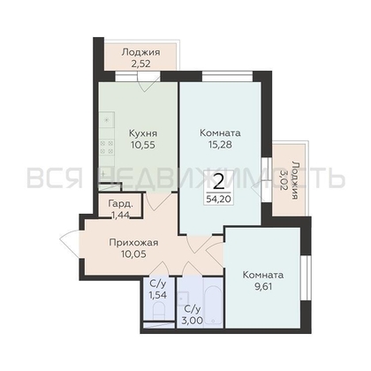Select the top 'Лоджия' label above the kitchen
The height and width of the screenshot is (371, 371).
point(135,52)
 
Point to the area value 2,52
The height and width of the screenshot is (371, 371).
point(135,64)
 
